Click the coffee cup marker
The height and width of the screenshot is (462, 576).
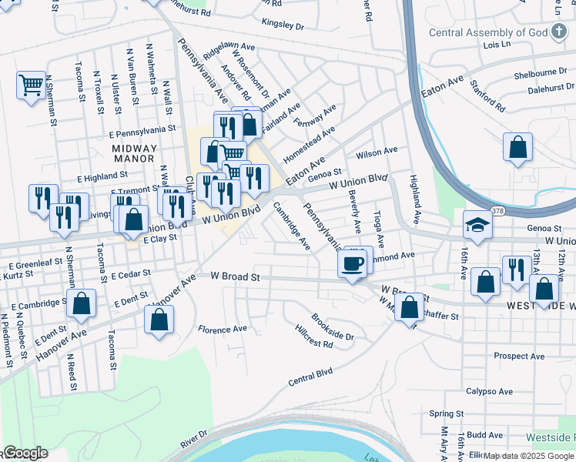(353, 264)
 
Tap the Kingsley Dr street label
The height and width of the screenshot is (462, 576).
(283, 25)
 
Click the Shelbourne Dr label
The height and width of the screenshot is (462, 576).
(540, 71)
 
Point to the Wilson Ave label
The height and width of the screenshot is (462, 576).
(377, 152)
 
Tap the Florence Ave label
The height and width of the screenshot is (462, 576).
(223, 329)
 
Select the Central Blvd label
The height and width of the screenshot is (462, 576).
(310, 376)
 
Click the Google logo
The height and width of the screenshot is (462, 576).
(25, 454)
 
